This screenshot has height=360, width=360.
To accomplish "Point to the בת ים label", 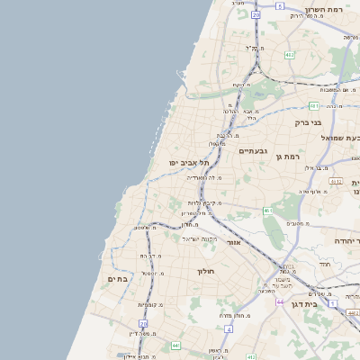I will pos(118,279).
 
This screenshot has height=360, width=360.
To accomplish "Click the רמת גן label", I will pos(288,157).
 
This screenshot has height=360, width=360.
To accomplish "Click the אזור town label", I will pos(233,242).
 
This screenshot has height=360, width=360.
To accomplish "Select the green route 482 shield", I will pos(289,55).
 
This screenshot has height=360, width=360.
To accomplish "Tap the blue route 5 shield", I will pos(280,6).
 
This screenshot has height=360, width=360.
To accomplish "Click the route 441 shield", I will pos(175,345).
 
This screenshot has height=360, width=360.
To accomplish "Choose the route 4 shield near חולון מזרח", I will pos(229,329).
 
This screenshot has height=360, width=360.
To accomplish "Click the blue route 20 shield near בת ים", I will pos(143,323).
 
